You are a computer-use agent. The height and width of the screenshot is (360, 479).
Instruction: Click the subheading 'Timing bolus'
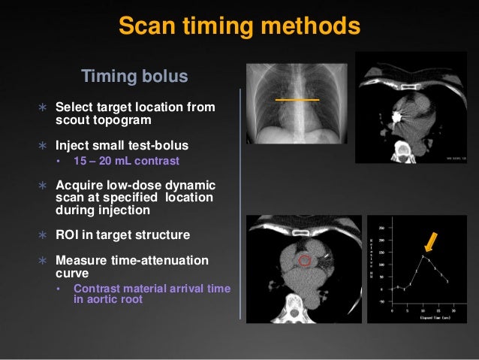click(134, 77)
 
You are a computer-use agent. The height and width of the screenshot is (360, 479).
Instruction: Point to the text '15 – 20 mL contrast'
click(126, 160)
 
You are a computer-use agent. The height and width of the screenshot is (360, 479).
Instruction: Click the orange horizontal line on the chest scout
click(297, 99)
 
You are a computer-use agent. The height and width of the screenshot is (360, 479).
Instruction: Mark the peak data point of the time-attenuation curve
click(423, 256)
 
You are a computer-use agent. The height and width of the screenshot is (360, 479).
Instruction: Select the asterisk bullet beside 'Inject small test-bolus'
click(43, 144)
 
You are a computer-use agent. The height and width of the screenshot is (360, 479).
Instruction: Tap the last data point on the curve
click(447, 281)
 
